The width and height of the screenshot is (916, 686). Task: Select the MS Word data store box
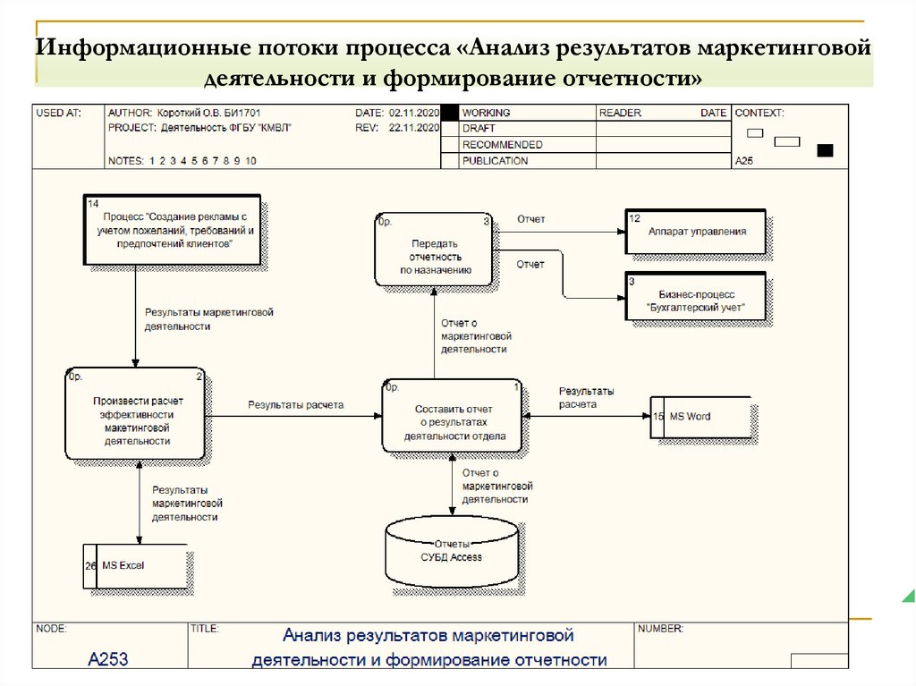coord(701,417)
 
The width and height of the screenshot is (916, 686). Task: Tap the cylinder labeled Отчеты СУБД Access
coord(452,551)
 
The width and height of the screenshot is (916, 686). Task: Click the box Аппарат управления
coord(696,232)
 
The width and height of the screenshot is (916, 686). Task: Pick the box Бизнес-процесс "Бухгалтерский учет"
coord(696,299)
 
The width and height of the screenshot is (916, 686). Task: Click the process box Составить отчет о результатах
coord(453,416)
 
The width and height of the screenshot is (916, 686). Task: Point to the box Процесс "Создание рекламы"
coord(174,230)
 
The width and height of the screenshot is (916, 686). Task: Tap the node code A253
coord(108,660)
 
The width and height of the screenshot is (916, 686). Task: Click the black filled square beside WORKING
coord(450,114)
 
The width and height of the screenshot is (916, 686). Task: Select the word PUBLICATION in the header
coord(496,161)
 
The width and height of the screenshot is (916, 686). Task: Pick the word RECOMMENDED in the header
coord(503,145)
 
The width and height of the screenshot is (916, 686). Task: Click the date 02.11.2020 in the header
coord(414,114)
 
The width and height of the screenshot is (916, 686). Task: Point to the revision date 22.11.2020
coord(414,129)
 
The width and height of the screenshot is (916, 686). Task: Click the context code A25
coord(743,162)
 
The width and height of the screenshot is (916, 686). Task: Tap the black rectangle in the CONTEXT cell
coord(826,149)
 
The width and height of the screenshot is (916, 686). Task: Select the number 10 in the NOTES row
coord(251,161)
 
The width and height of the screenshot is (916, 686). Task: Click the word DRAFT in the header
coord(479,129)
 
